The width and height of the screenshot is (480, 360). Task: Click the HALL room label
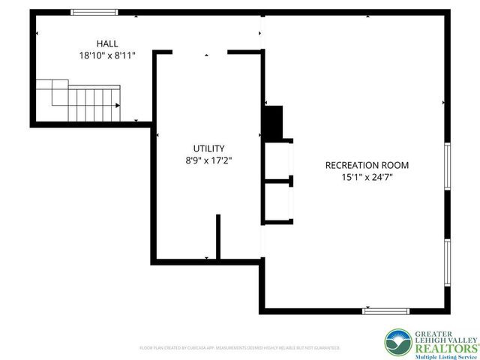coord(106,43)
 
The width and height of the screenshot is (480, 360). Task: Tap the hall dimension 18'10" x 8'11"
coord(106,55)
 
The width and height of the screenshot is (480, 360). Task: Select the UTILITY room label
coord(208,148)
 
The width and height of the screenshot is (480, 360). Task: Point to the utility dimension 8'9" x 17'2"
coord(208,160)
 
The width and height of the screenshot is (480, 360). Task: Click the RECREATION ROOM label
coord(367,165)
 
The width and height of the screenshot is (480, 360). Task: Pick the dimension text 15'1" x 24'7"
coord(367,178)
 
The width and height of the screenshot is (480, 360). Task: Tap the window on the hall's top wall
coord(94,12)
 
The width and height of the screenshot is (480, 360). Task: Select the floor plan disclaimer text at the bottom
coord(240,348)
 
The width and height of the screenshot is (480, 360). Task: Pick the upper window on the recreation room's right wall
coord(447,174)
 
